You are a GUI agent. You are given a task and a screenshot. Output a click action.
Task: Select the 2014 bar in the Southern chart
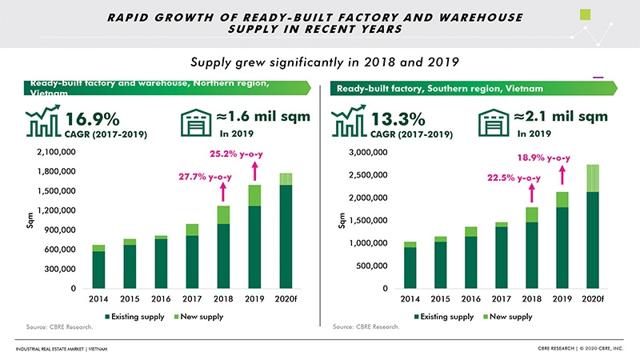point(410,265)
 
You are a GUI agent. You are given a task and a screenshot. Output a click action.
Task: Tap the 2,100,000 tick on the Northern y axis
point(55,152)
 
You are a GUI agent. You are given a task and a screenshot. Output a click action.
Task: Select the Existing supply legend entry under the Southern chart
point(446,317)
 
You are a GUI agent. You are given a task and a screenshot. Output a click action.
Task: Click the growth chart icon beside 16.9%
point(42,124)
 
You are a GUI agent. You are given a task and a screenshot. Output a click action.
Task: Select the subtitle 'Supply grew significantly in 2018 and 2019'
point(319,62)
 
